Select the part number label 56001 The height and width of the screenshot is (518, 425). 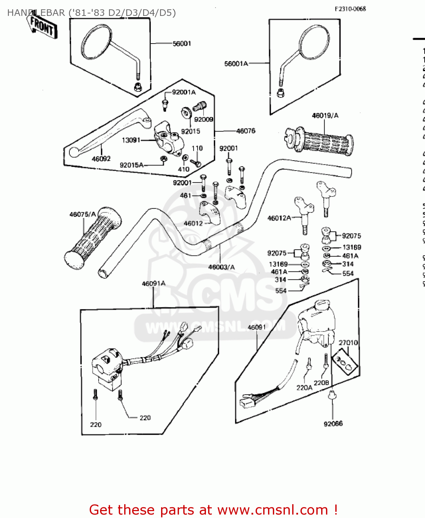[182, 44]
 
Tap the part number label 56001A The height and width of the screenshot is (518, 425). [236, 64]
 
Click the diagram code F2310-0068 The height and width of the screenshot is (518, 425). [350, 9]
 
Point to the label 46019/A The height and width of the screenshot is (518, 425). [325, 116]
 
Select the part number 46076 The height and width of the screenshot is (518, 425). [246, 131]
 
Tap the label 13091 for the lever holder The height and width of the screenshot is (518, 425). [131, 140]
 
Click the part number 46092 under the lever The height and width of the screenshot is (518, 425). [101, 159]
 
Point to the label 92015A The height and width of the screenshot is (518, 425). [131, 165]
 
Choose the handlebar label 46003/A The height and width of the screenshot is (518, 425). [221, 267]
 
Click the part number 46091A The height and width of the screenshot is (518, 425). [154, 284]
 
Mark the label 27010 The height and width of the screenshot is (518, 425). [348, 343]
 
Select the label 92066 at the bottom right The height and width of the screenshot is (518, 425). [333, 424]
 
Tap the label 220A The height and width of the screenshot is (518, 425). [304, 388]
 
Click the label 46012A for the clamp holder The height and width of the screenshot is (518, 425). [279, 218]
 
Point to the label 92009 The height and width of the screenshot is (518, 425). [204, 119]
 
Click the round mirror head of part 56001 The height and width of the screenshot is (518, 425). [97, 42]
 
